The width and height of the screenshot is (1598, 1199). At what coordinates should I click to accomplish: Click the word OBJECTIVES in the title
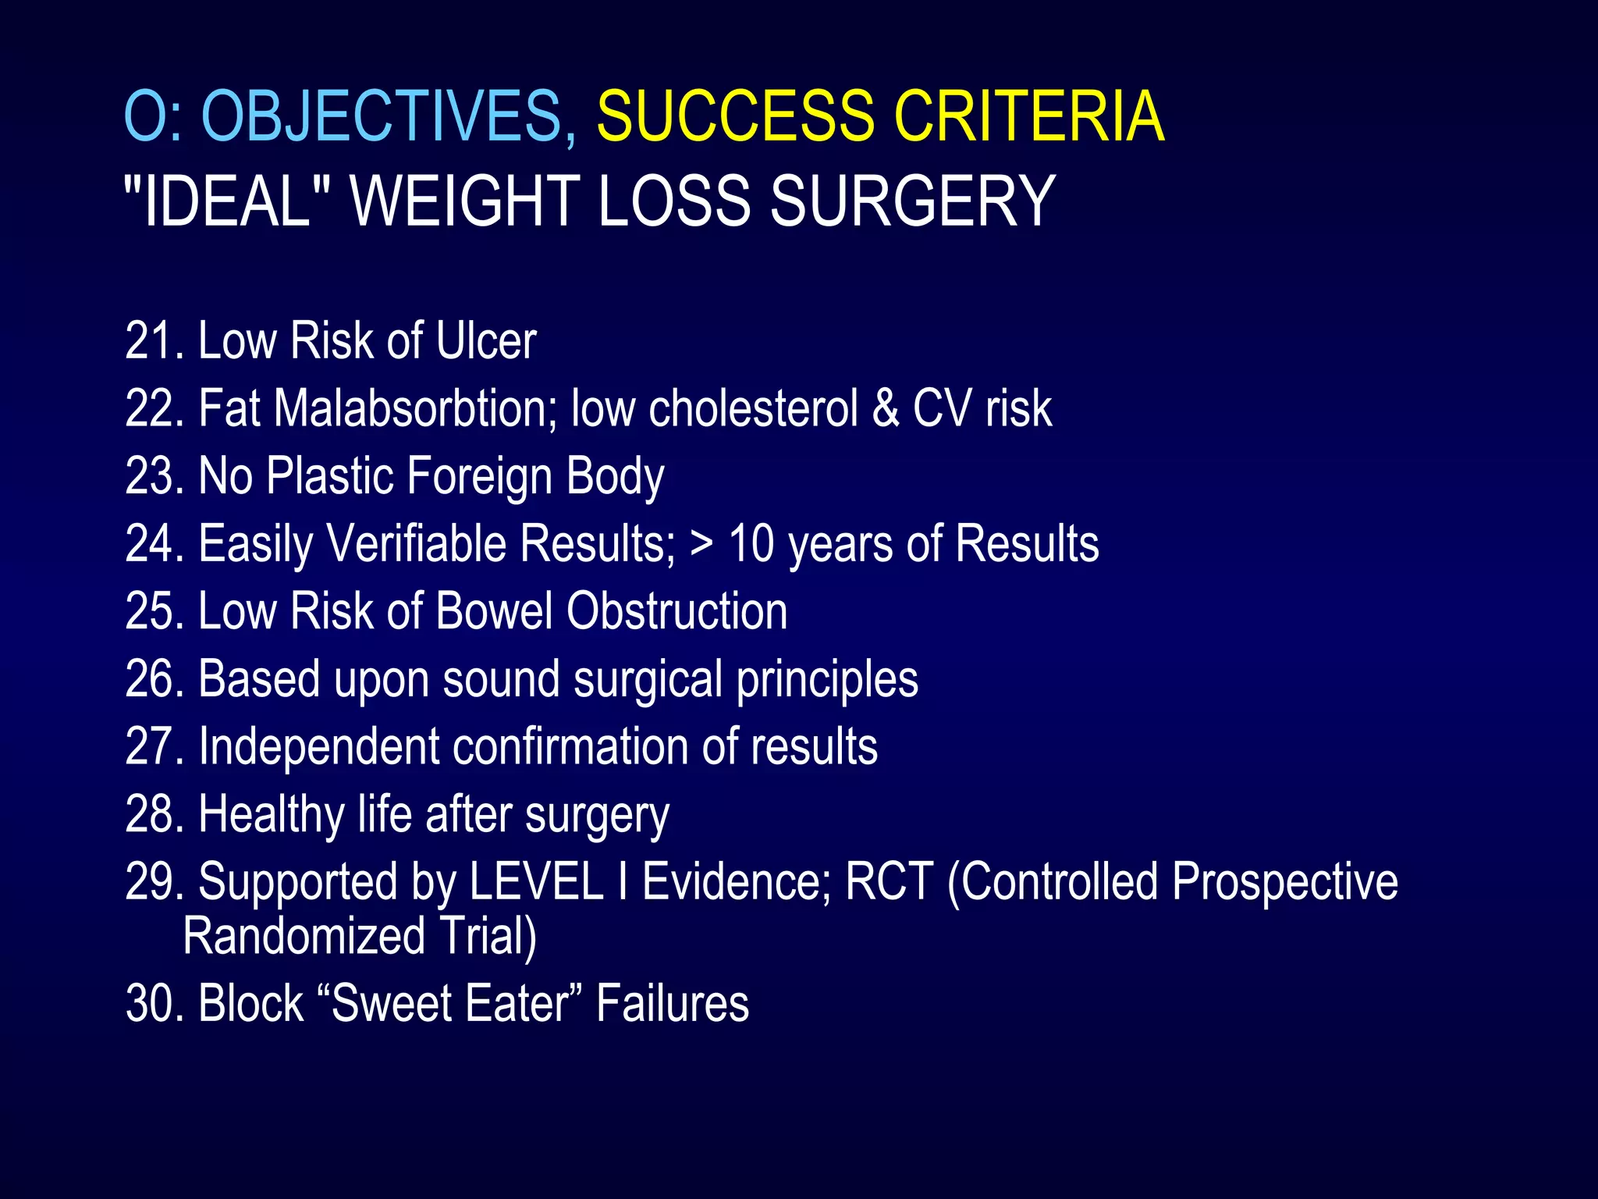pyautogui.click(x=382, y=117)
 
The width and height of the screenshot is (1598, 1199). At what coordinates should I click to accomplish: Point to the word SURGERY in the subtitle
pyautogui.click(x=912, y=202)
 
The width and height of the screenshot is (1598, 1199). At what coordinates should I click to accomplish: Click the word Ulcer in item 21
pyautogui.click(x=486, y=341)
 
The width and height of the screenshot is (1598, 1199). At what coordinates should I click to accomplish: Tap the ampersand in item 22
pyautogui.click(x=885, y=408)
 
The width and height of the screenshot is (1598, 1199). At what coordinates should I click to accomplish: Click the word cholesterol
pyautogui.click(x=753, y=408)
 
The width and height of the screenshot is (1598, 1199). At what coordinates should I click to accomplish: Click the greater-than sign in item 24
pyautogui.click(x=701, y=544)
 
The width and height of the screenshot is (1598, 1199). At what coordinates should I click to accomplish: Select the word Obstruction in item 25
pyautogui.click(x=676, y=611)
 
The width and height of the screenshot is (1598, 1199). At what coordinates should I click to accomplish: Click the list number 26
pyautogui.click(x=153, y=679)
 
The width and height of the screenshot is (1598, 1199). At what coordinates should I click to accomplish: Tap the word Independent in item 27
pyautogui.click(x=318, y=747)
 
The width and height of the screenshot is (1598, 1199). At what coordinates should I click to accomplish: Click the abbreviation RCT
pyautogui.click(x=889, y=882)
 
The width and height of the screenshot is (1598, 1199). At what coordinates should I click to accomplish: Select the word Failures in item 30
pyautogui.click(x=672, y=1004)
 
